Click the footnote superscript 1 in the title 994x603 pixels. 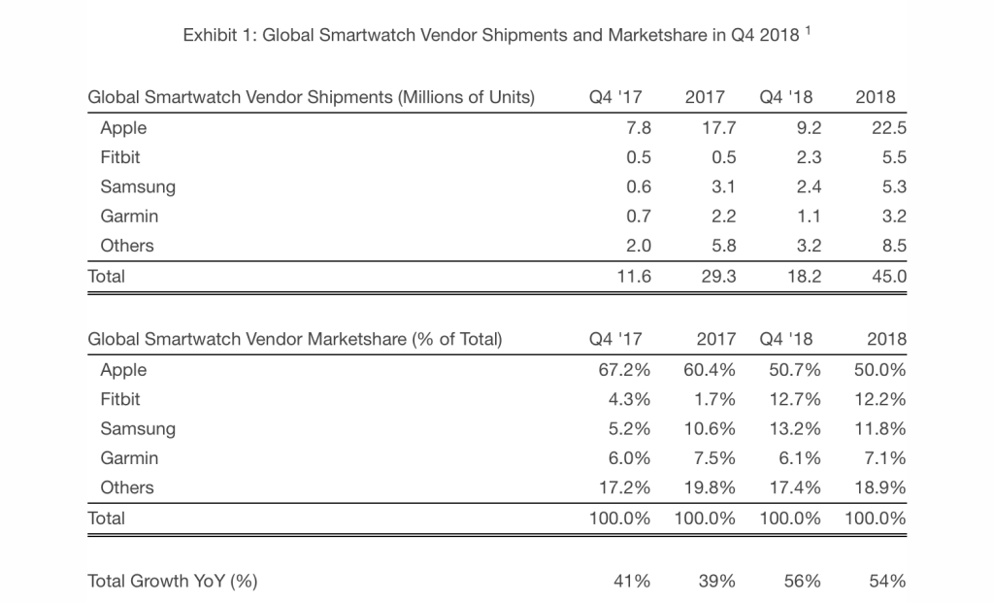(x=809, y=32)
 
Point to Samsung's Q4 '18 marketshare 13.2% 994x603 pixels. (x=790, y=429)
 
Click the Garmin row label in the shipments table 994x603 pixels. (x=129, y=217)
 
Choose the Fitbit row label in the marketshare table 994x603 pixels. (x=120, y=399)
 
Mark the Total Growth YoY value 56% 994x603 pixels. (x=802, y=581)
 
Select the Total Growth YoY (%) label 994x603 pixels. (x=173, y=581)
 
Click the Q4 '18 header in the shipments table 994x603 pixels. (x=788, y=97)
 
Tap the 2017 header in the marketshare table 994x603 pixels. (x=715, y=339)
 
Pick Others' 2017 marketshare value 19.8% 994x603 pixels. (x=705, y=487)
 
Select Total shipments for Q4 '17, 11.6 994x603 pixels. (x=632, y=276)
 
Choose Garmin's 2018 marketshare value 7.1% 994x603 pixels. (x=883, y=458)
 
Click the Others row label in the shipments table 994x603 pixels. (x=127, y=246)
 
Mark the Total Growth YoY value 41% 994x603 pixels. (x=631, y=581)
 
